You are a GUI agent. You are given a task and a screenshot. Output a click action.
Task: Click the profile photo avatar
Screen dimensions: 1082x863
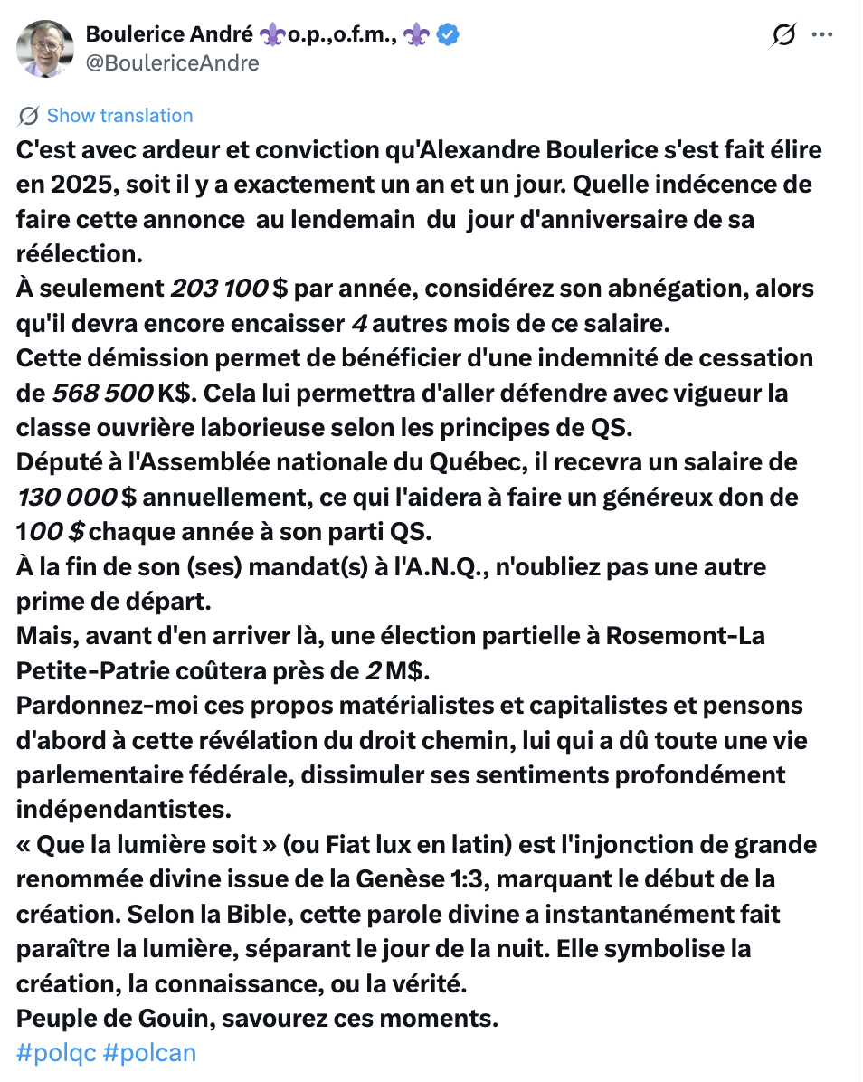45,48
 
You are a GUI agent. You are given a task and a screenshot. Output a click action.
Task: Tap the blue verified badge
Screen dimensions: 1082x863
448,35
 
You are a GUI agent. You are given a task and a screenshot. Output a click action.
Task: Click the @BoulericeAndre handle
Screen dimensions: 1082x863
172,62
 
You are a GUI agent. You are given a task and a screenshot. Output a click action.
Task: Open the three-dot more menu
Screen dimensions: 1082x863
821,35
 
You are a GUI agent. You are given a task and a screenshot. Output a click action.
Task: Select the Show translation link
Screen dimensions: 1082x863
119,116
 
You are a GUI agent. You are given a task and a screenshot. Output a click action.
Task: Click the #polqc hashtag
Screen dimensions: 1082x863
56,1053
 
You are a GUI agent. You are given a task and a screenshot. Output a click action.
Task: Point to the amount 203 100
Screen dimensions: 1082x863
219,289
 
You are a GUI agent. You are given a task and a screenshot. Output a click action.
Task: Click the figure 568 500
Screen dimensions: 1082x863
102,394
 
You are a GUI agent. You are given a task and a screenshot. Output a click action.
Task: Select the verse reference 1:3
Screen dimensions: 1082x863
575,879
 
